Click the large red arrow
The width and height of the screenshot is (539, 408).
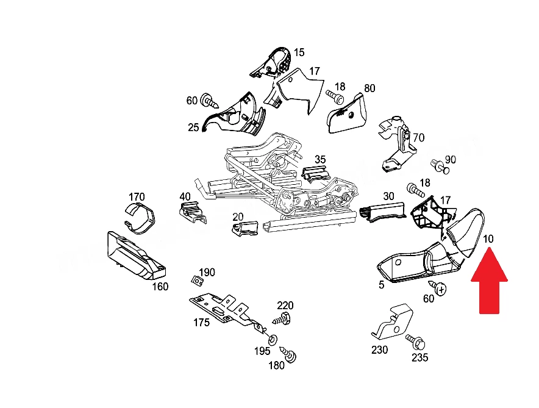coord(489,282)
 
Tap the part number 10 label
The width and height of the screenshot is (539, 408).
coord(488,239)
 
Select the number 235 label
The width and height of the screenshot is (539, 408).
coord(419,357)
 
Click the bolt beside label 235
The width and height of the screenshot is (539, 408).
coord(416,342)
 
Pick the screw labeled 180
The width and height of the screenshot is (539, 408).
coord(289,354)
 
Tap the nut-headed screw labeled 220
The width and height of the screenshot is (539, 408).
coord(282,319)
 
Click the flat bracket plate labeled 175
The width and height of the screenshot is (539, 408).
coord(227,310)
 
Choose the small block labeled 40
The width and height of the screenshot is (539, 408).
coord(193,212)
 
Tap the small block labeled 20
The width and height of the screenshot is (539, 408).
coord(245,229)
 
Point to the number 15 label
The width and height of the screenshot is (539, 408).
coord(299,52)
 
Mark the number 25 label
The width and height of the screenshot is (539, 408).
coord(193,127)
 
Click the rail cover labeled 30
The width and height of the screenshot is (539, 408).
coord(382,212)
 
